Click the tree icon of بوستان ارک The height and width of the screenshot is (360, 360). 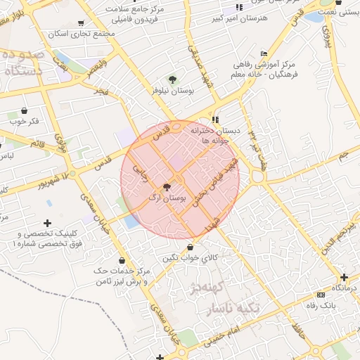(x=167, y=188)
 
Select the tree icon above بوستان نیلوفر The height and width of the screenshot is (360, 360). (x=173, y=79)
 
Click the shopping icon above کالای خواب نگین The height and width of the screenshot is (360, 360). (x=191, y=246)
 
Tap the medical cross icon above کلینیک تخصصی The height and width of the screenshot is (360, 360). (x=48, y=223)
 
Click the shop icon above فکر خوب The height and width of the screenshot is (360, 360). (x=25, y=110)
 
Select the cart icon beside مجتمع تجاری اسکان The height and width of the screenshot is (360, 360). (x=81, y=23)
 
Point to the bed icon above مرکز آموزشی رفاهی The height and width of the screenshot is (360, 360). (x=264, y=53)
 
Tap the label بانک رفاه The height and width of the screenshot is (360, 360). (x=340, y=304)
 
